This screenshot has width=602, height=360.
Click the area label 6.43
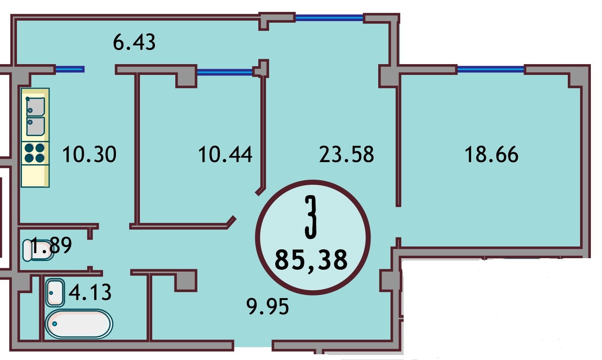pos(134,42)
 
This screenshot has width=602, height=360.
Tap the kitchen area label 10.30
pos(89,154)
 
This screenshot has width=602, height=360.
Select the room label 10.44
pos(225,154)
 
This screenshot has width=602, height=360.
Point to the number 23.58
pos(346,154)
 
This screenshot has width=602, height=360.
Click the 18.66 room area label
pos(492,154)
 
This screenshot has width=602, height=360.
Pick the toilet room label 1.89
pos(52,245)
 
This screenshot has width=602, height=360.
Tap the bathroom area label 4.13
pos(90,292)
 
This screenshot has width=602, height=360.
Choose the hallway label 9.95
pos(268,306)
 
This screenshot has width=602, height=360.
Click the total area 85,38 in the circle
pos(311,260)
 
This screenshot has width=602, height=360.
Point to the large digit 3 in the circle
pos(311,217)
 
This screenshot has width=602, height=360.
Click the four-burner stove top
pos(35,153)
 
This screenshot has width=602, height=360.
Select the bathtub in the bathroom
pos(79,324)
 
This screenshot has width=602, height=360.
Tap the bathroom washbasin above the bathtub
pos(55,292)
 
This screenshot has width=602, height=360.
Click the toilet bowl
pos(38,250)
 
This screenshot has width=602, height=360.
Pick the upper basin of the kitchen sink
pos(35,107)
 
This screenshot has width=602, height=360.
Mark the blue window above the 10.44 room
pos(225,71)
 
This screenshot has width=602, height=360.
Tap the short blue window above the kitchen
pos(70,70)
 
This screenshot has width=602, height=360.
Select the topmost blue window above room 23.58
pos(329,18)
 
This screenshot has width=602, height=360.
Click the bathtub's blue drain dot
pos(55,324)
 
